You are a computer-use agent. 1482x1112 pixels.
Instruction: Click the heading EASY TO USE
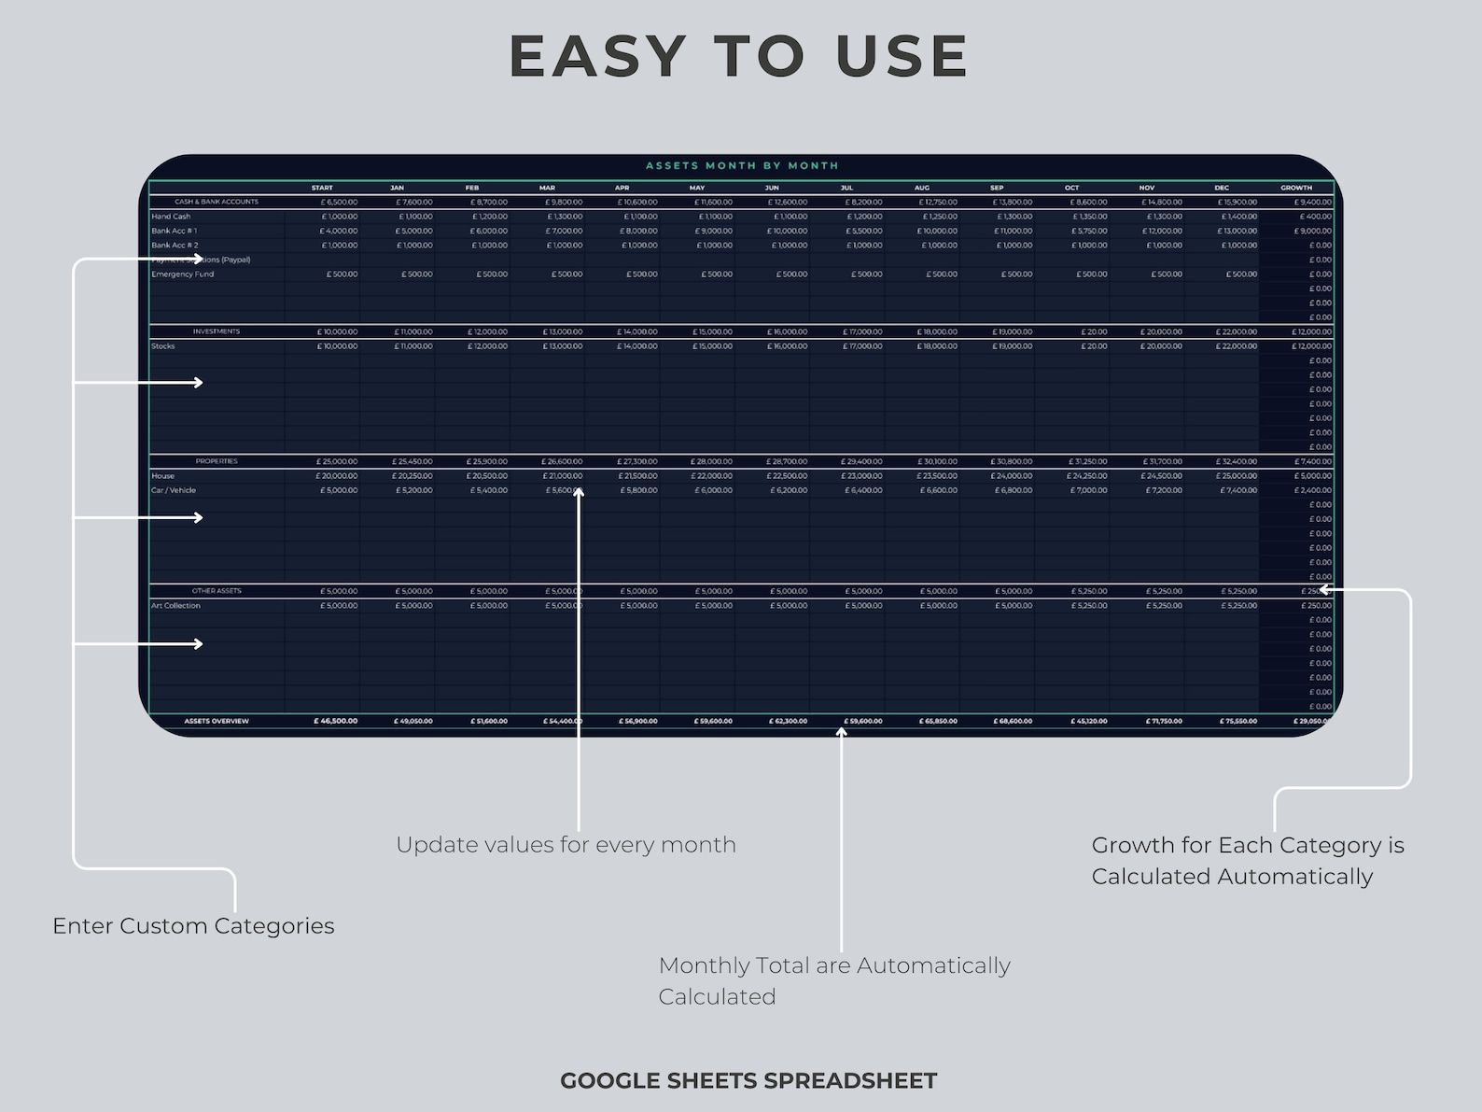pos(739,56)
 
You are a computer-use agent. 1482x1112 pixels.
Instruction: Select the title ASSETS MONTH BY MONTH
pos(742,166)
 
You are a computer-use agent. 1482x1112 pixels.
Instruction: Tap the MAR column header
pos(547,188)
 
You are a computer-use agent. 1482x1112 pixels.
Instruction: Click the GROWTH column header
pos(1295,188)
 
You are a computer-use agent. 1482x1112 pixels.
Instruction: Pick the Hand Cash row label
pos(171,217)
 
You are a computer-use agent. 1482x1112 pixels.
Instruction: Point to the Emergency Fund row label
pos(183,274)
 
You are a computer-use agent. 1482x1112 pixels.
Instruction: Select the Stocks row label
pos(163,346)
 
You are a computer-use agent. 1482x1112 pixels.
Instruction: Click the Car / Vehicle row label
pos(174,490)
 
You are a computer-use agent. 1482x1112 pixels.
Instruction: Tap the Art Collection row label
pos(175,606)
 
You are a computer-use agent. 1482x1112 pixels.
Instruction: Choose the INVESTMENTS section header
pos(217,331)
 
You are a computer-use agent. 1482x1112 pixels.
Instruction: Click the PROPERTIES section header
pos(217,461)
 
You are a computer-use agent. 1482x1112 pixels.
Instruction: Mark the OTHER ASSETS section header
pos(217,591)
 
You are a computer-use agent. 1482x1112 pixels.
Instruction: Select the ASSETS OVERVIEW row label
pos(217,721)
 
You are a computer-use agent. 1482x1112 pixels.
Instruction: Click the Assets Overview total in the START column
pos(335,721)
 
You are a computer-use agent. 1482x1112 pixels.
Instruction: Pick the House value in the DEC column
pos(1237,476)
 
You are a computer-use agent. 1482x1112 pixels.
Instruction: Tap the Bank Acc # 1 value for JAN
pos(413,231)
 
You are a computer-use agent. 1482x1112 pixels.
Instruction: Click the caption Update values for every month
pos(566,845)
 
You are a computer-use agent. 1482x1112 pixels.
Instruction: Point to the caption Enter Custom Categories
pos(193,926)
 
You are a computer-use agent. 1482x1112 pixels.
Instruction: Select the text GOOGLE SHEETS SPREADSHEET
pos(748,1081)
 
